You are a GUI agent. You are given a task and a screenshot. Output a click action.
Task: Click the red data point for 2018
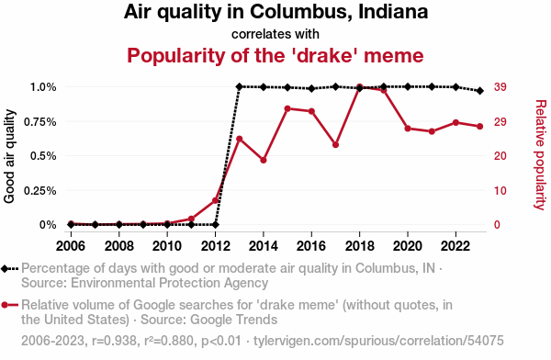coord(359,86)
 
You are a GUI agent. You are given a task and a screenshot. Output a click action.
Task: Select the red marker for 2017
coord(335,144)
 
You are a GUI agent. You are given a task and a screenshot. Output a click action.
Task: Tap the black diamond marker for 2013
coord(240,86)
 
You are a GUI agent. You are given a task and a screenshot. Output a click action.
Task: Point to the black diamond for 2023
coord(480,91)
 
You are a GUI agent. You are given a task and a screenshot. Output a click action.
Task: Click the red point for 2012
coord(216,200)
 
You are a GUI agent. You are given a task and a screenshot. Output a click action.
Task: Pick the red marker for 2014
coord(264,160)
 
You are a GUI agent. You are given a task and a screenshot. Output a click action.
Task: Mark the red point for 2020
coord(408,129)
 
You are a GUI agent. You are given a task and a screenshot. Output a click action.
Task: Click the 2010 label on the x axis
coord(167,246)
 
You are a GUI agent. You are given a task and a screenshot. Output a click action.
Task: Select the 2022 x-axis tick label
coord(455,246)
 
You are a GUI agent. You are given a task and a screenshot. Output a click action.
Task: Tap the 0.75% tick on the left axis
coord(40,121)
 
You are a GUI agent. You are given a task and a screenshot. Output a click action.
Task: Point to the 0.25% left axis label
coord(40,190)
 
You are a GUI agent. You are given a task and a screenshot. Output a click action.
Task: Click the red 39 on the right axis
coord(500,87)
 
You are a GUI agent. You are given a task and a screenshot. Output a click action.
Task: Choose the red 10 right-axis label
coord(500,190)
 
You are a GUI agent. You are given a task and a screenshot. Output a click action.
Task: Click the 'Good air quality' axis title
coord(9,156)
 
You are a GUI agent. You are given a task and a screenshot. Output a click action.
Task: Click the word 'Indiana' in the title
coord(393,12)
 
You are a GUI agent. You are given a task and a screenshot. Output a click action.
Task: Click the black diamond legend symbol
coord(5,269)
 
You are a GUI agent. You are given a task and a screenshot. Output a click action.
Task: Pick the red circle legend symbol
coord(5,305)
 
